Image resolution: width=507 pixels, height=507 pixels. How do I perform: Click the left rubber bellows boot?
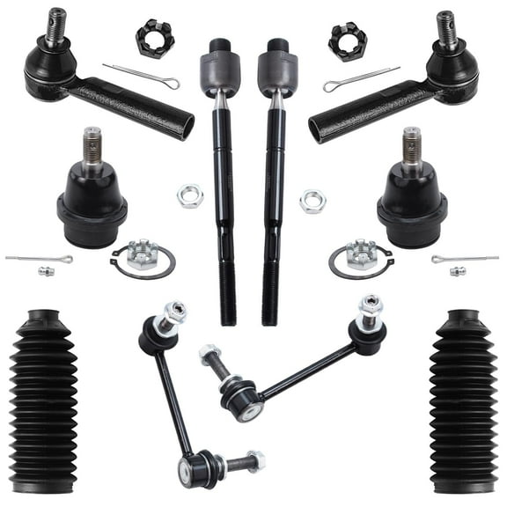pos(43,400)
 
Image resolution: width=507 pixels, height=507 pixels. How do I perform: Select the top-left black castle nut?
pos(155,38)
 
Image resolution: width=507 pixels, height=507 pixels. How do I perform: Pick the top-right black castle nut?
pos(347,40)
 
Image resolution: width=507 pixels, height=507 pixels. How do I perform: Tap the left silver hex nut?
pos(189,195)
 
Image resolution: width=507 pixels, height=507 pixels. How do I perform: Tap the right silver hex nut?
pos(312,202)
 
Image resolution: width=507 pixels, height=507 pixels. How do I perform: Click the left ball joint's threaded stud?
pos(92,145)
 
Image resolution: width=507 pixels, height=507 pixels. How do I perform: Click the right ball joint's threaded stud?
pos(412,145)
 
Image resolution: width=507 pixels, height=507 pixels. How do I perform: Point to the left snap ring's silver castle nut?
pos(141,255)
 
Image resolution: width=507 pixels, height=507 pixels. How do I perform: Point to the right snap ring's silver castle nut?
pos(360,254)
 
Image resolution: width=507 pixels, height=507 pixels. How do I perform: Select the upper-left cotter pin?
pos(141,76)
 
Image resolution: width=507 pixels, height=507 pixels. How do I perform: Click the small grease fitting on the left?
pos(46,270)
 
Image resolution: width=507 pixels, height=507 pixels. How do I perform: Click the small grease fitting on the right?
pos(457,270)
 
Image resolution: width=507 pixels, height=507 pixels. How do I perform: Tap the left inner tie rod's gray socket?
pos(219,69)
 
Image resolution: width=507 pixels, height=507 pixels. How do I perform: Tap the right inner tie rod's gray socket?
pos(278,69)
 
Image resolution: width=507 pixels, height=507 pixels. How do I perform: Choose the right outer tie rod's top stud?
pos(447,26)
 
